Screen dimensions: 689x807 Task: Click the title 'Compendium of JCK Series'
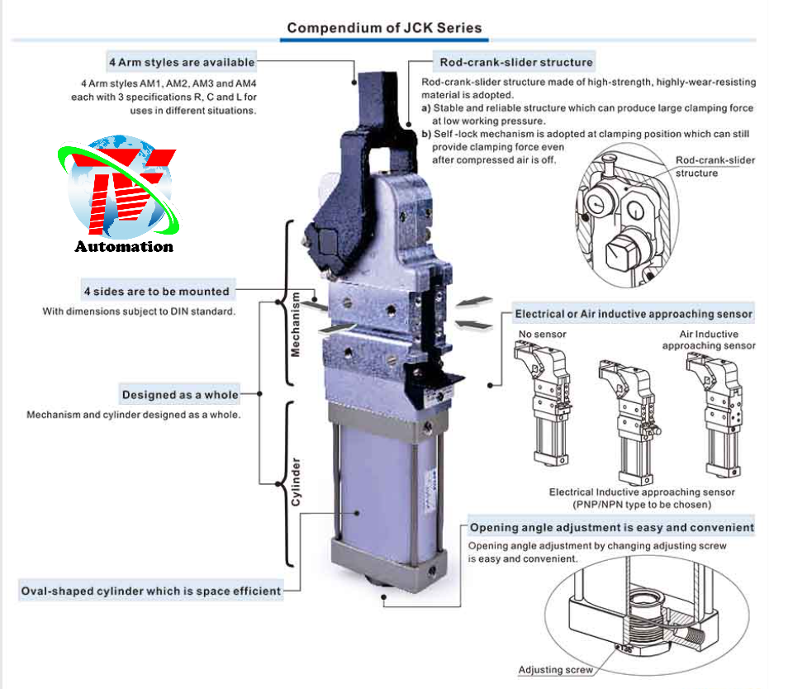coord(384,28)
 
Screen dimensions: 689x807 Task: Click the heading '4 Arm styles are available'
coord(182,62)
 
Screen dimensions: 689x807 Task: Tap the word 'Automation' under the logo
coord(124,246)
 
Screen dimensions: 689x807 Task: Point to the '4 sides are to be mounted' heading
coord(156,291)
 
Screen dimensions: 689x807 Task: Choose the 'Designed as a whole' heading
coord(180,394)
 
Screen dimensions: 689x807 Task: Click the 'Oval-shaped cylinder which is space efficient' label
coord(151,591)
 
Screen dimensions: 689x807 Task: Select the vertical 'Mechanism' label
coord(295,323)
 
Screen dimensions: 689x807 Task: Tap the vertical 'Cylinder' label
coord(295,483)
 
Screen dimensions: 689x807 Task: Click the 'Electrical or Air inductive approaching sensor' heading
coord(634,314)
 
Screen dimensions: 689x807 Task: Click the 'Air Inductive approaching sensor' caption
coord(708,340)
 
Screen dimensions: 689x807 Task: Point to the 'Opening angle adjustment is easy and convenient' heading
coord(611,527)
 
